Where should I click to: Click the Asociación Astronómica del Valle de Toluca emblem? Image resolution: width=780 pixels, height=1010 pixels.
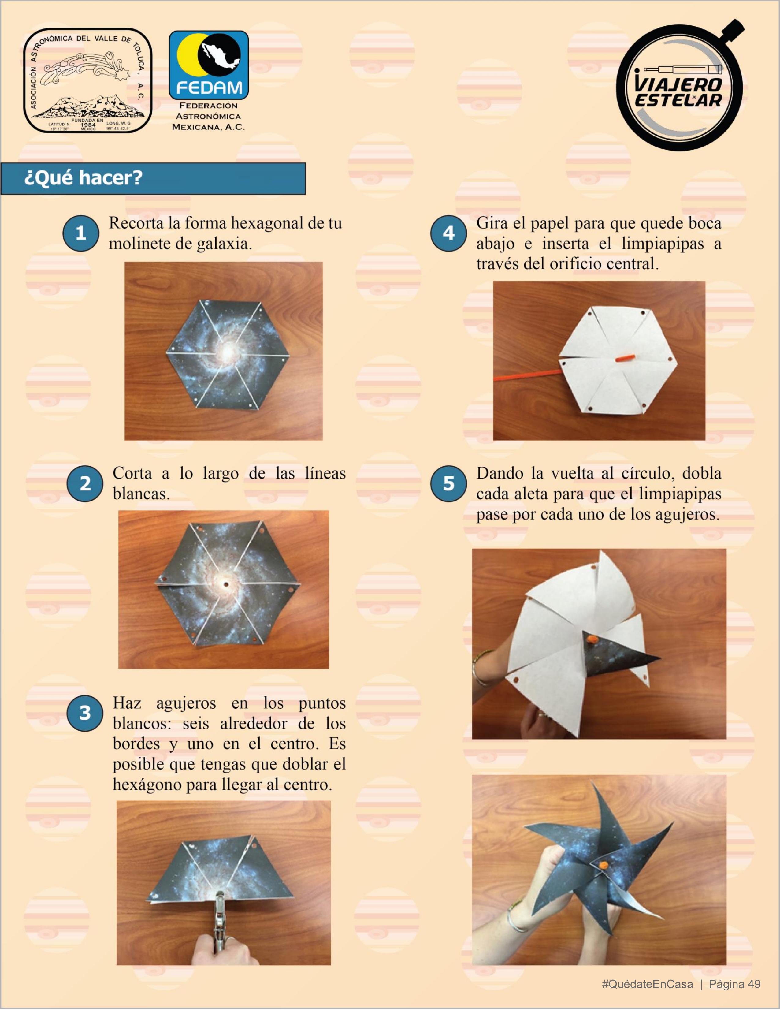88,81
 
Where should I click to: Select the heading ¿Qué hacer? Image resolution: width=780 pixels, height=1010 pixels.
83,177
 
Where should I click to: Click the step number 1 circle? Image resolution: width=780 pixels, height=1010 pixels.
81,233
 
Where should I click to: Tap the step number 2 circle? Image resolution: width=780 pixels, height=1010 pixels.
85,483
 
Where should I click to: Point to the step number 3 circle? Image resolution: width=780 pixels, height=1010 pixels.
85,713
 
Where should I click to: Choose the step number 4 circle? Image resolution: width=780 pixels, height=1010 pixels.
448,233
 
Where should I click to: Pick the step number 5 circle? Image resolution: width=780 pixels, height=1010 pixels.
448,483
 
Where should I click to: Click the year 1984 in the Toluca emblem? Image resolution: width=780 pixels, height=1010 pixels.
88,125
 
